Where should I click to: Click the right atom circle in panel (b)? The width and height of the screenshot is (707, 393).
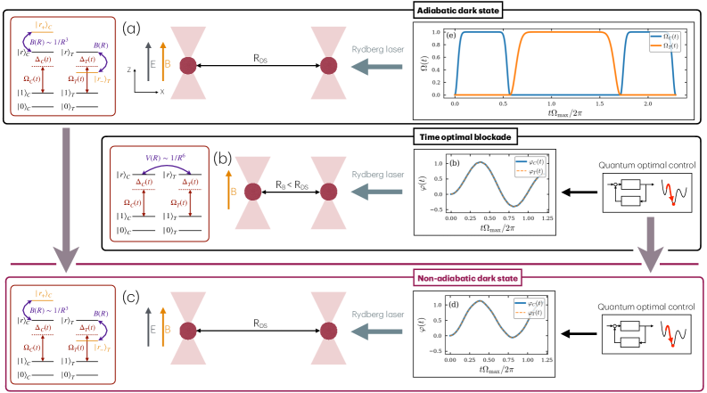(327, 194)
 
